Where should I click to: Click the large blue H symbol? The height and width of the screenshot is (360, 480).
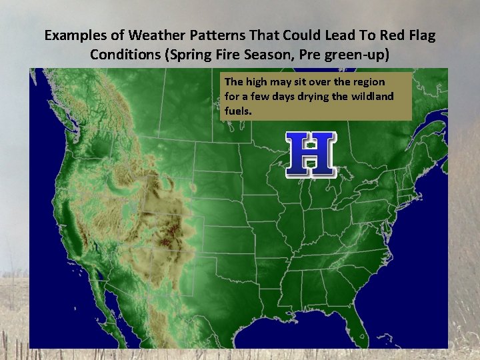[x=310, y=155]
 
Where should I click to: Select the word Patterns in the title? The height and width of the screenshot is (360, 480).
[x=212, y=35]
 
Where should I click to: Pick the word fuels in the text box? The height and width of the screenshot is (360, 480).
[x=237, y=111]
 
